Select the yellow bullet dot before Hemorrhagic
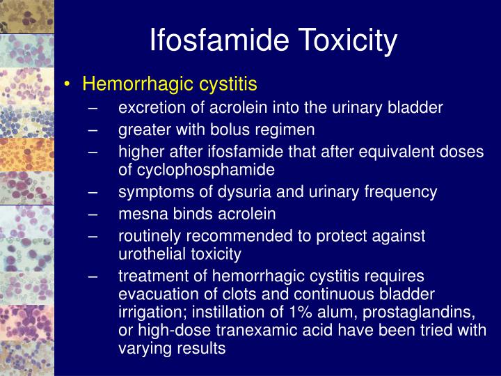tap(67, 85)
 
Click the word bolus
tap(237, 130)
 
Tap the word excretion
tap(150, 107)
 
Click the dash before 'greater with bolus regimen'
tap(95, 130)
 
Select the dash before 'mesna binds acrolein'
tap(95, 214)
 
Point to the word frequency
tap(404, 191)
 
